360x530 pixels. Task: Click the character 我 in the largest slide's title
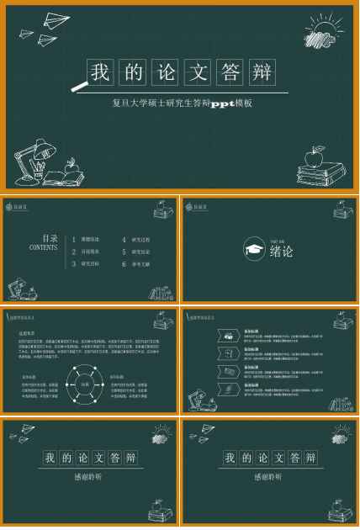101,72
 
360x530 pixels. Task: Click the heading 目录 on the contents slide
50,239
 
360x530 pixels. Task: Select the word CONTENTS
44,248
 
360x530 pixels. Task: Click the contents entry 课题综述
90,240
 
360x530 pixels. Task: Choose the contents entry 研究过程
141,240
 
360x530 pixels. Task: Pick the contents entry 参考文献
141,263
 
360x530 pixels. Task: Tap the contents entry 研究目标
90,263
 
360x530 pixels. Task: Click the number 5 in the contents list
124,252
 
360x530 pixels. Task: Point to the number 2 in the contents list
73,252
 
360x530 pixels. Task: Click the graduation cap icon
253,249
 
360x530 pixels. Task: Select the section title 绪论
282,251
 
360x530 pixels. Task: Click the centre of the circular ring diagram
84,384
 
